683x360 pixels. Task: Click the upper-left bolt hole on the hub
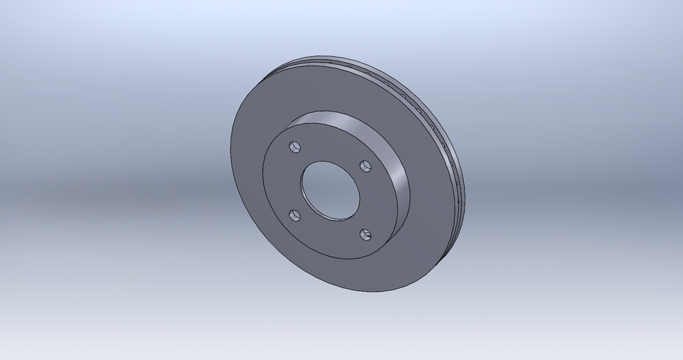pos(295,147)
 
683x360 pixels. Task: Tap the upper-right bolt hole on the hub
pos(366,166)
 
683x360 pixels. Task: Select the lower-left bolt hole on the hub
pos(295,215)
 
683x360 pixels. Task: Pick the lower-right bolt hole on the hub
pos(366,234)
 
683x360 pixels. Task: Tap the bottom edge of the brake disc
pos(370,292)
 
